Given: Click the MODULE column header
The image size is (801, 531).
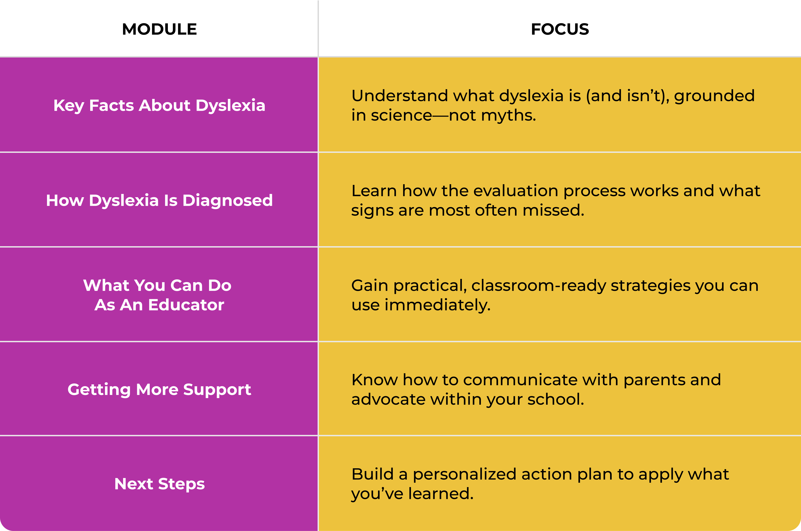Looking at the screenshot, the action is coord(159,29).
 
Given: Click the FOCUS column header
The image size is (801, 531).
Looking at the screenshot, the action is coord(560,29).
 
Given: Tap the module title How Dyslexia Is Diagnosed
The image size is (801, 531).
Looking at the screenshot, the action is coord(159,201).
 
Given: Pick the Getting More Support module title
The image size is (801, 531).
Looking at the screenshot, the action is coord(159,390).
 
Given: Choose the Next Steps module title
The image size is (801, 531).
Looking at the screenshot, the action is coord(159,484).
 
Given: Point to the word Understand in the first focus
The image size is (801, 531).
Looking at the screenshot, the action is coord(400,96).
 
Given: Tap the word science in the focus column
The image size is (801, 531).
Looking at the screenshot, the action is coord(402,116).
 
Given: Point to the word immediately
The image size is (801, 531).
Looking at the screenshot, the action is coord(437,305).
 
